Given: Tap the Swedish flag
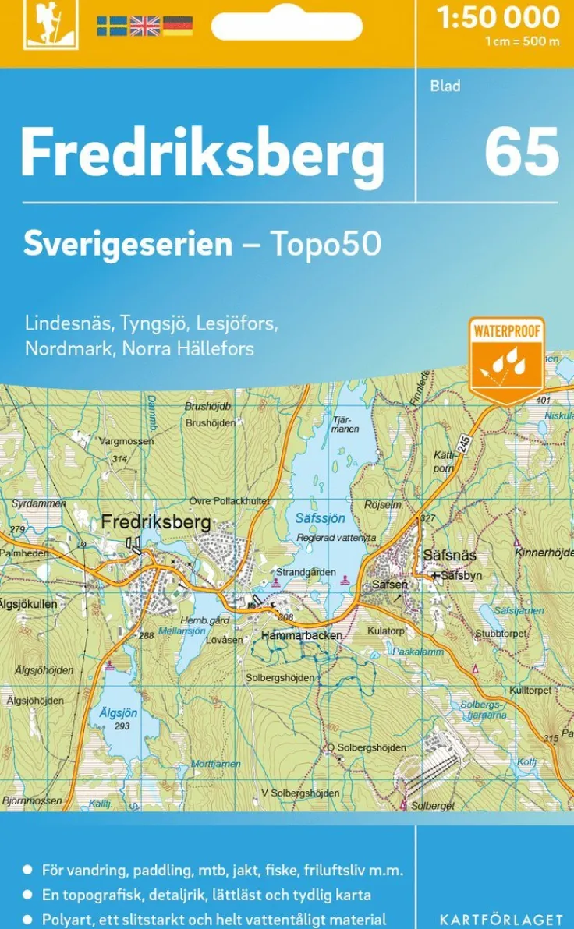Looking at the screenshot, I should click(112, 26).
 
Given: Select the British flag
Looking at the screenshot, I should click(144, 26).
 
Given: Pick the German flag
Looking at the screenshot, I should click(177, 26).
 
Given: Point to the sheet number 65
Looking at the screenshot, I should click(521, 152).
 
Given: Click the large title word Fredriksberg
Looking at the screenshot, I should click(202, 154).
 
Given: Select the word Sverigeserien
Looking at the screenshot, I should click(128, 245).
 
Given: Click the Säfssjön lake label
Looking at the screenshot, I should click(320, 517).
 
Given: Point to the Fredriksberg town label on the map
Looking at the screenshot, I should click(156, 522).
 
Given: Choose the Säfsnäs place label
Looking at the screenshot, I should click(449, 555).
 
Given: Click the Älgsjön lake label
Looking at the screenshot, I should click(118, 712).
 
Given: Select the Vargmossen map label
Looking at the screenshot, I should click(126, 441).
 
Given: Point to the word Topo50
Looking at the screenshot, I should click(325, 245).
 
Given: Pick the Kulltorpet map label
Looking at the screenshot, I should click(530, 691).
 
